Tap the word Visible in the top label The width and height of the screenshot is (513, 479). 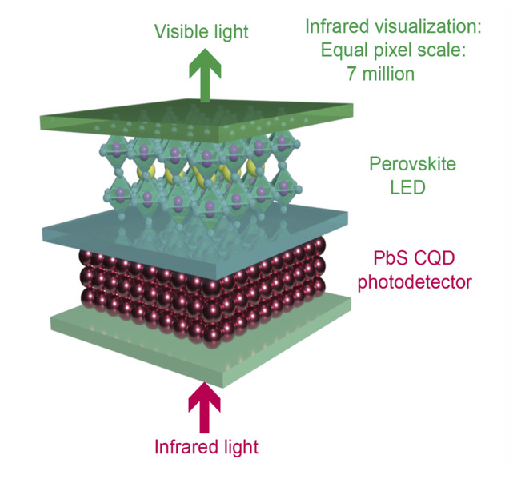[x=178, y=32]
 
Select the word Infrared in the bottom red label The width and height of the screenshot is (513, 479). [x=181, y=445]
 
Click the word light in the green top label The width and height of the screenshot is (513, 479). [x=228, y=32]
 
